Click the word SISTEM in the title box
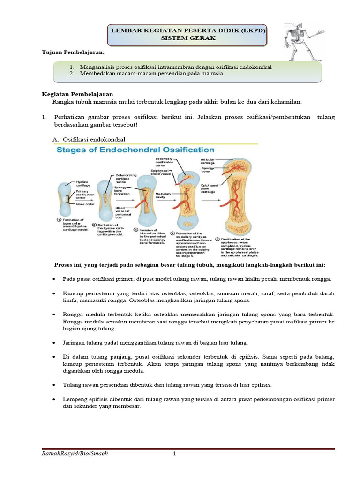coord(173,38)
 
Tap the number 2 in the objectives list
coord(72,74)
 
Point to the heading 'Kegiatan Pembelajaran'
coord(75,94)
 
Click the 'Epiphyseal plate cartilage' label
coord(210,189)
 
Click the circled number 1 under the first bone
coord(59,220)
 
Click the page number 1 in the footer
coord(174,454)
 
